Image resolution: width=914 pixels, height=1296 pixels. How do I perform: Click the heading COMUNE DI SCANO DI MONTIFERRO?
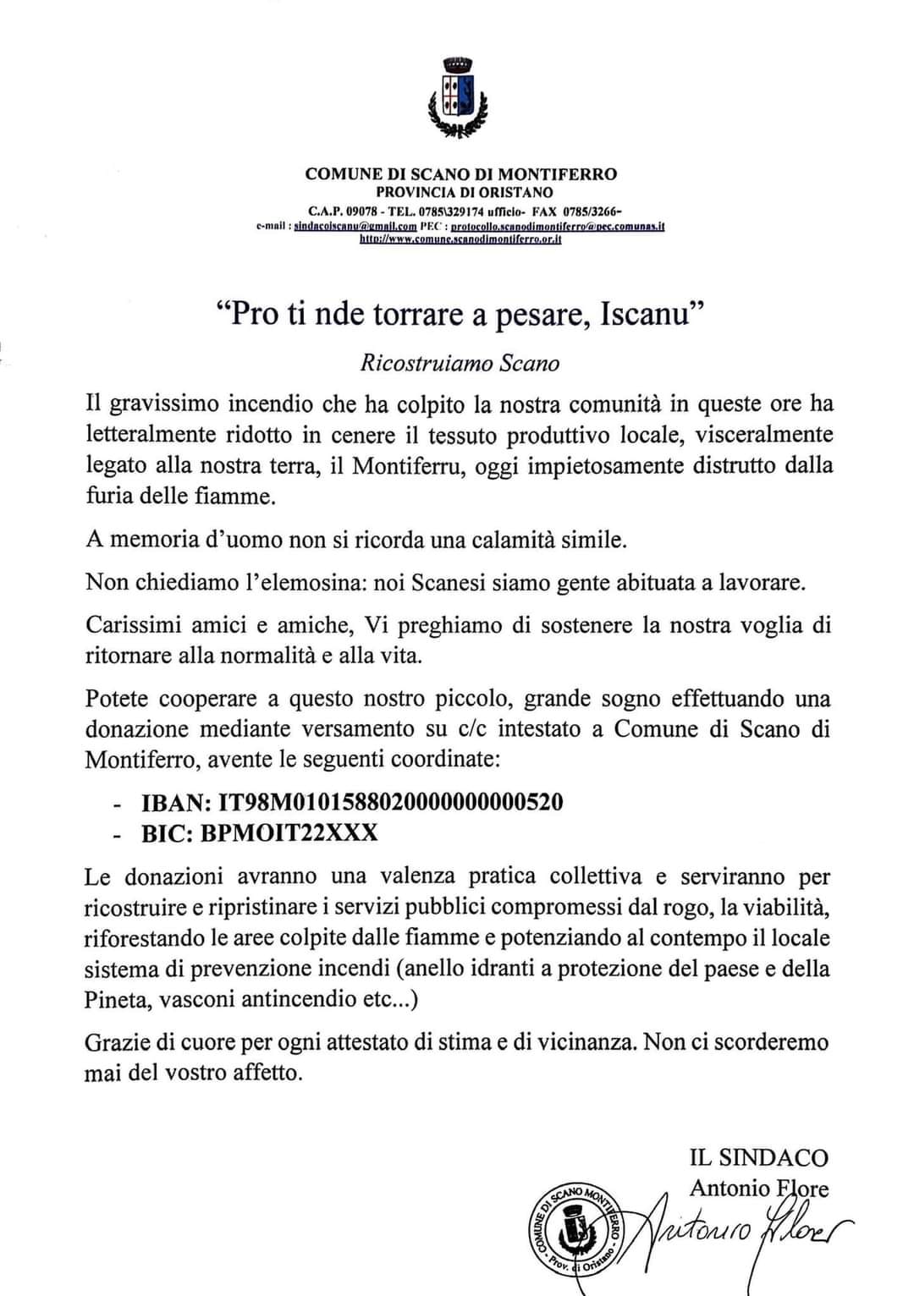tap(460, 174)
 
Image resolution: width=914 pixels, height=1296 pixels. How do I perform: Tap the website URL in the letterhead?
tap(460, 239)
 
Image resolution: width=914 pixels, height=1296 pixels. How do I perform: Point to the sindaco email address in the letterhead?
tap(355, 227)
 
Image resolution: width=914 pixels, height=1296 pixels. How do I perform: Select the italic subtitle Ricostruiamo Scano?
tap(460, 363)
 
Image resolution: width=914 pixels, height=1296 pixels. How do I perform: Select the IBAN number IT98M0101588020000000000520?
tap(390, 802)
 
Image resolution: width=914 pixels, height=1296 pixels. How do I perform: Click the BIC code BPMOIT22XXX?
tap(289, 832)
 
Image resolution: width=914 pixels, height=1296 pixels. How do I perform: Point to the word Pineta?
tap(116, 999)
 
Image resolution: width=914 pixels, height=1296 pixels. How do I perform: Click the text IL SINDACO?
tap(759, 1157)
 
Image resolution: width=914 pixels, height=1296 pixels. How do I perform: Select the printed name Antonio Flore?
tap(759, 1188)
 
